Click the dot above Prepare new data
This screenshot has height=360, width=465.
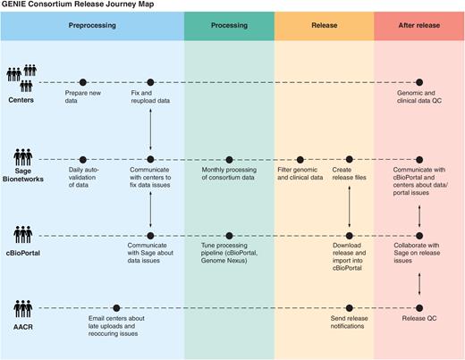[83, 82]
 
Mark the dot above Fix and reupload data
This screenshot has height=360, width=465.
[150, 82]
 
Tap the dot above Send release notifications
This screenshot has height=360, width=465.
[350, 308]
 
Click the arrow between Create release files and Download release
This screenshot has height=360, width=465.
[350, 202]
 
